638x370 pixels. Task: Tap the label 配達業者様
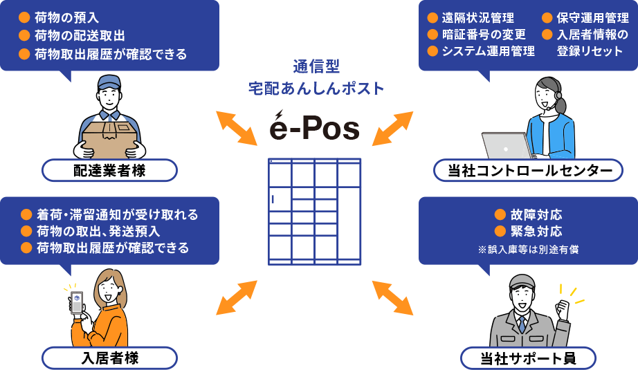tap(109, 171)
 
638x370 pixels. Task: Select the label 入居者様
tap(109, 358)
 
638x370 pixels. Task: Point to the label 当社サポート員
tap(528, 358)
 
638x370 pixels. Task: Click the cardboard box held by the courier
tap(111, 138)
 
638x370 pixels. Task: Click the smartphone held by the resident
tap(77, 303)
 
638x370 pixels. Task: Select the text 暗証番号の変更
tap(483, 34)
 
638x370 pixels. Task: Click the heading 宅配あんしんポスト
tap(316, 88)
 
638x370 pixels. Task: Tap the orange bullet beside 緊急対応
tap(500, 231)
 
